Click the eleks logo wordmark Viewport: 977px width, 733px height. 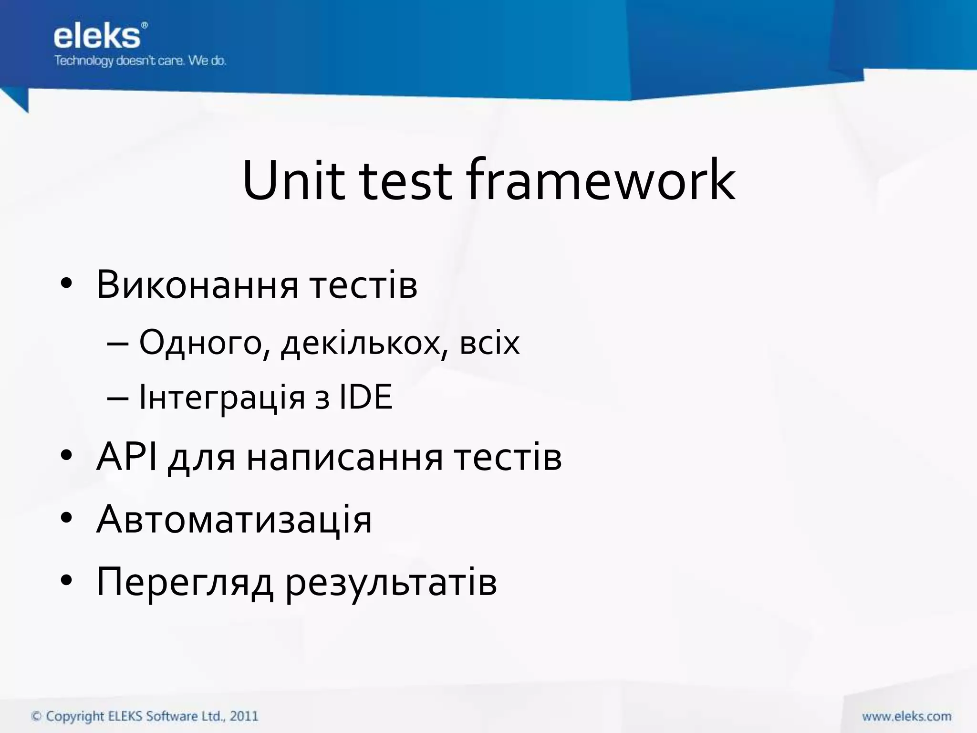tap(97, 37)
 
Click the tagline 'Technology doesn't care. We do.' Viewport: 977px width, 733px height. tap(140, 61)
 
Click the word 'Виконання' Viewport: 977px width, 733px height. tap(197, 285)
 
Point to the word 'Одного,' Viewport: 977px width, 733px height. tap(201, 343)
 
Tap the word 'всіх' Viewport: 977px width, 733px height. tap(489, 343)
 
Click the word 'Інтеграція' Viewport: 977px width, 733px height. tap(222, 397)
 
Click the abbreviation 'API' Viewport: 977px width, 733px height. tap(126, 457)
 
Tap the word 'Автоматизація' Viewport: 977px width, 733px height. tap(234, 519)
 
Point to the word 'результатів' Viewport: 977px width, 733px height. tap(391, 582)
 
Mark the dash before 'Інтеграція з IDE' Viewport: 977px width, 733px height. tap(117, 398)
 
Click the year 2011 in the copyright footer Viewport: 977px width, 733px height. tap(244, 716)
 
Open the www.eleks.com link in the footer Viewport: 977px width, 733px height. tap(906, 716)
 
